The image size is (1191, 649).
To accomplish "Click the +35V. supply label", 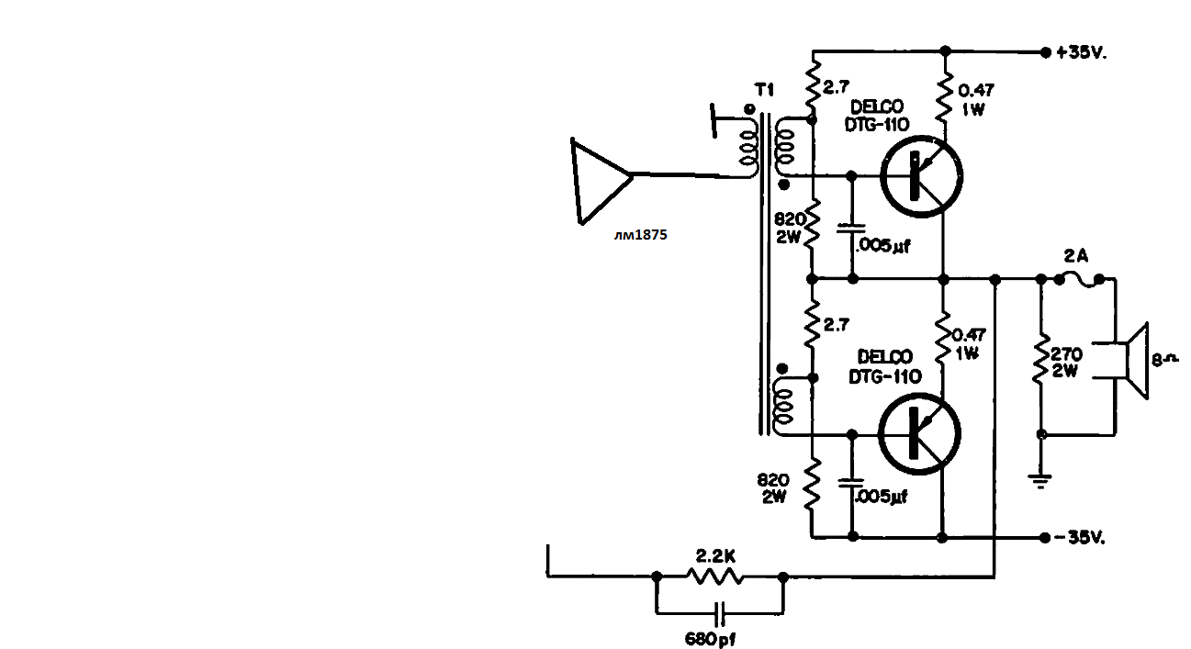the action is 1082,52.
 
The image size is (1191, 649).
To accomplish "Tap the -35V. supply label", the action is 1079,538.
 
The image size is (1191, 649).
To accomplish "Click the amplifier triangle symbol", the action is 601,181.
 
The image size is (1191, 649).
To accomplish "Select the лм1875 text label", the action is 640,234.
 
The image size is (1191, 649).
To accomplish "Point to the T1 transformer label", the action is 765,90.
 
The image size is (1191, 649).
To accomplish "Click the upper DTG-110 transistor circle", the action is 921,176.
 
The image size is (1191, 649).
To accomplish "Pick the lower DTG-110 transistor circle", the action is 919,433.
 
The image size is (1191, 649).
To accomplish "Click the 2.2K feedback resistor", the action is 715,576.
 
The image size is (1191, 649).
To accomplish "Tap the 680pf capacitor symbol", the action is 720,614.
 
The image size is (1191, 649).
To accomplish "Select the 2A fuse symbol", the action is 1079,280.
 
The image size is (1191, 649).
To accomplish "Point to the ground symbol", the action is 1040,481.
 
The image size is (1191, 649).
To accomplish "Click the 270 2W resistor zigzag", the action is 1041,358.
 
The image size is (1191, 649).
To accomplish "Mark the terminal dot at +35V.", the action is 1045,52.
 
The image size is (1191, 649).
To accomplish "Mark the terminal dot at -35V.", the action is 1044,538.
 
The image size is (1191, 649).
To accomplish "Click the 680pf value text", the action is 711,638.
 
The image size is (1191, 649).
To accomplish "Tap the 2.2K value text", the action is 715,556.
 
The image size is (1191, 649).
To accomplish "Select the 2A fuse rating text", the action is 1075,256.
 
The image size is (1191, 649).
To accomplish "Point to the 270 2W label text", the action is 1065,362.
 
